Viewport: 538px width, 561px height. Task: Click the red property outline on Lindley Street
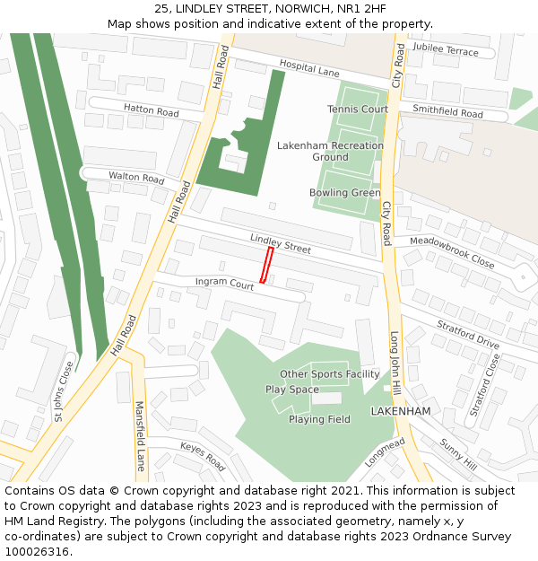click(x=266, y=266)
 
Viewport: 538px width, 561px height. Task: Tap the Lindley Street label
click(x=281, y=242)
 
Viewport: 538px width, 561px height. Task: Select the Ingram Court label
click(x=224, y=284)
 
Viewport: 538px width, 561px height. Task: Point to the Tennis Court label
click(x=358, y=110)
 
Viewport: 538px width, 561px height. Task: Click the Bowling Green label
click(x=345, y=193)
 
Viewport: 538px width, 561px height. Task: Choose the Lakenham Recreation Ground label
click(x=330, y=151)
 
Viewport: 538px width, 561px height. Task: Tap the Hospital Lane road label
click(x=309, y=68)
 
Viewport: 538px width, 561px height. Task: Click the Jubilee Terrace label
click(x=446, y=51)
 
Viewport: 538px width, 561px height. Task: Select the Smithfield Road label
click(x=447, y=112)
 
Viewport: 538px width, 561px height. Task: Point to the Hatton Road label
click(x=152, y=111)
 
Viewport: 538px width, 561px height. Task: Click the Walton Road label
click(x=136, y=177)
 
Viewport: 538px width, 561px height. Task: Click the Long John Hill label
click(x=395, y=364)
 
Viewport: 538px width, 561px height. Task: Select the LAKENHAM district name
click(x=401, y=411)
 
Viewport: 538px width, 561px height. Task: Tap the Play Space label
click(x=291, y=390)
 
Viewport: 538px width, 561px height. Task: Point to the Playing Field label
click(x=319, y=419)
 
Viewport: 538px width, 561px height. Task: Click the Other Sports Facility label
click(x=329, y=374)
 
